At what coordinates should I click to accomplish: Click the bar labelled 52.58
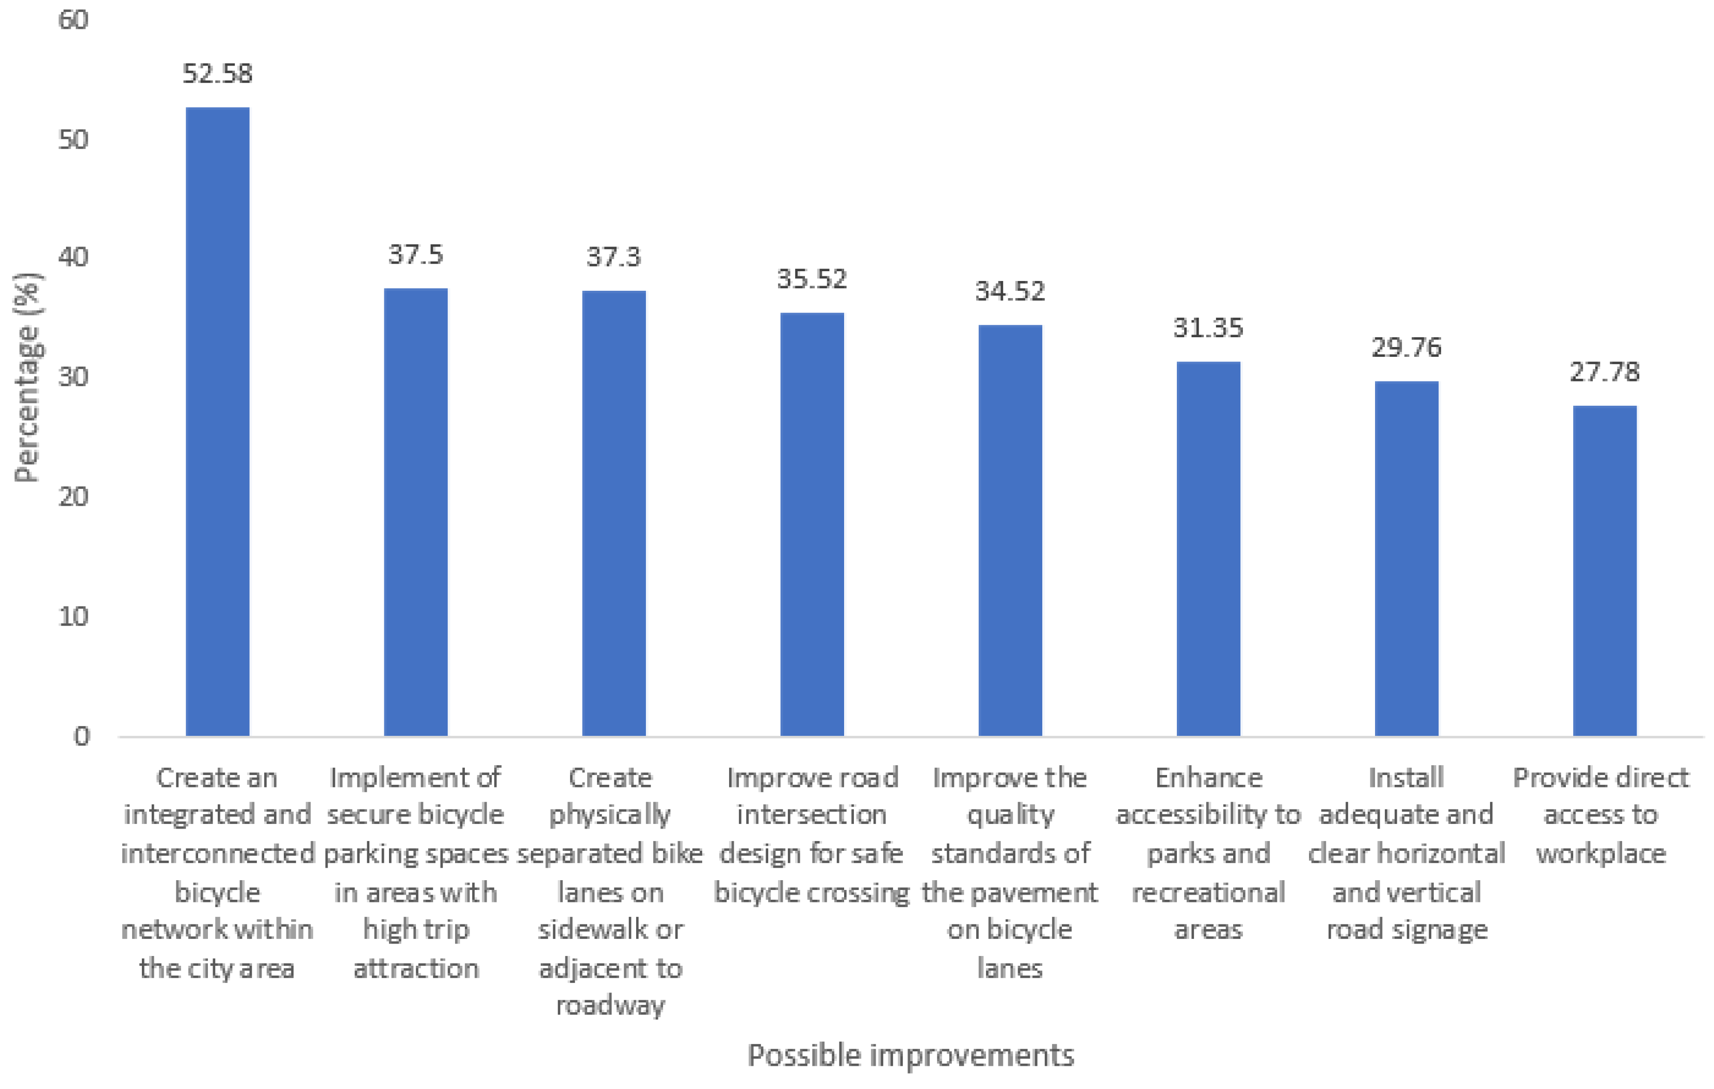click(217, 421)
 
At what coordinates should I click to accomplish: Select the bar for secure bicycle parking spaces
click(416, 511)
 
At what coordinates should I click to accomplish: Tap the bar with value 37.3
click(613, 513)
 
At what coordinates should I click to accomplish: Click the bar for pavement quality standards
click(1010, 530)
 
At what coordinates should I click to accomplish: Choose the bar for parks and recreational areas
click(1208, 549)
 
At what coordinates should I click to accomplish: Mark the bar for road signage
click(1406, 558)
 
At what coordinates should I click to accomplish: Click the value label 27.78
click(1605, 372)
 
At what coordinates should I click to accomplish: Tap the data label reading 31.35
click(1208, 328)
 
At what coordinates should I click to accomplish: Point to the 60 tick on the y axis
click(73, 20)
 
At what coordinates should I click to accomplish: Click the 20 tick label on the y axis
click(73, 497)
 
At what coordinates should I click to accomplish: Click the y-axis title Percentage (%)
click(28, 377)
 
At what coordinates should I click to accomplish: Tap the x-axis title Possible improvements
click(910, 1055)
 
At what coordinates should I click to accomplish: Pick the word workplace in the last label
click(1601, 853)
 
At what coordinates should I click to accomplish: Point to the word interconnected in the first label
click(217, 853)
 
